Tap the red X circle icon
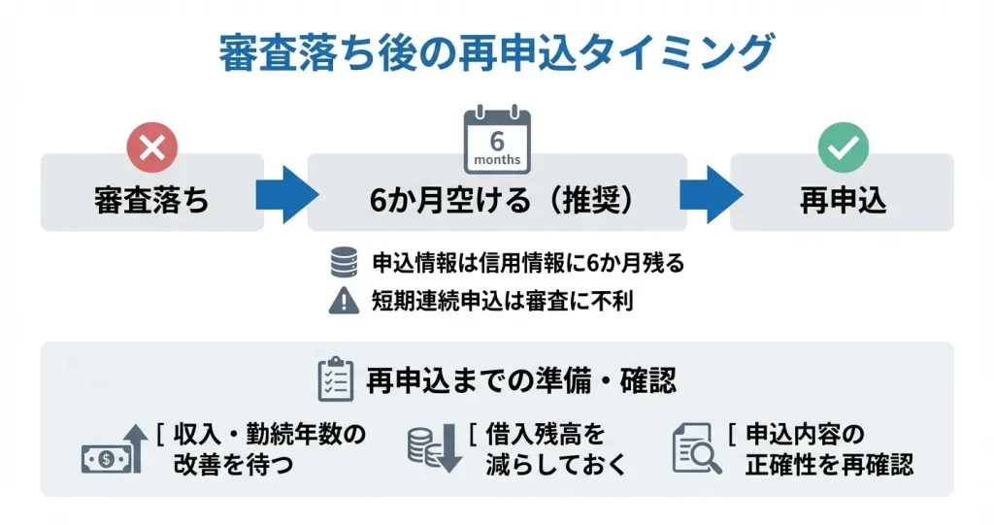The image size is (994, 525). tap(152, 148)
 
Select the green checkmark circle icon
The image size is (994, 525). tap(843, 148)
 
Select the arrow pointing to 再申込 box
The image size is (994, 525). tap(709, 191)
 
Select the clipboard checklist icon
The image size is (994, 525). tap(336, 379)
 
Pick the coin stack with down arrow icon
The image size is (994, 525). tap(433, 449)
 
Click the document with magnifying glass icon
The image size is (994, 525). tap(697, 449)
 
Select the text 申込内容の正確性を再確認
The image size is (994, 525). tap(828, 449)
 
